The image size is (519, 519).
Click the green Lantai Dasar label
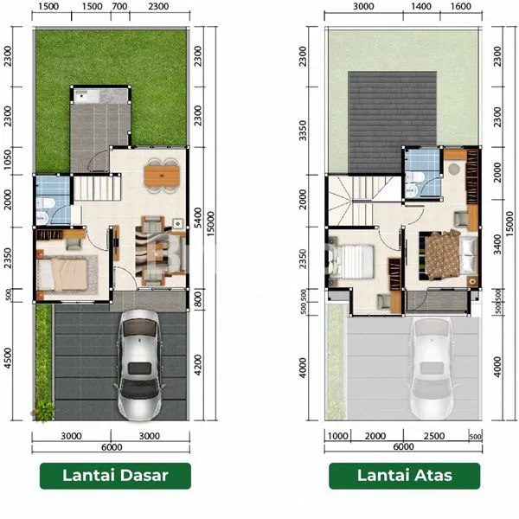tap(115, 475)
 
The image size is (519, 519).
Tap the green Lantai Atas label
tap(403, 475)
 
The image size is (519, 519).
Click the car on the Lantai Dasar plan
tap(138, 362)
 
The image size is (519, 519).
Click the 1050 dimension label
tap(8, 160)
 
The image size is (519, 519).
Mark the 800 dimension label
tap(198, 299)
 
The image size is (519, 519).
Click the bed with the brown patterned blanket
tap(441, 253)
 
